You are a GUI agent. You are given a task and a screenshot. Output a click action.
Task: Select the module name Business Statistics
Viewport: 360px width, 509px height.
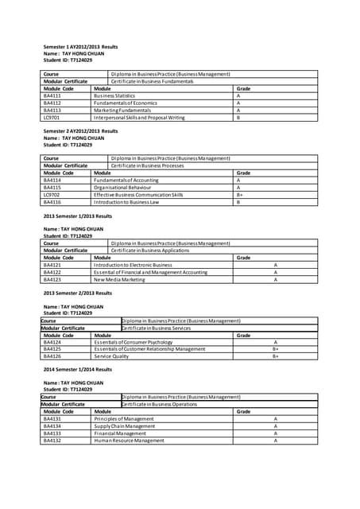(x=116, y=95)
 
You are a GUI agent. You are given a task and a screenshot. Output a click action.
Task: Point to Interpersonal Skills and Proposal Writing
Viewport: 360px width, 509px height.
(x=138, y=117)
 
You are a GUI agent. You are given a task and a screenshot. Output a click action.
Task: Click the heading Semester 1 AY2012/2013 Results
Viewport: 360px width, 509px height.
(x=80, y=47)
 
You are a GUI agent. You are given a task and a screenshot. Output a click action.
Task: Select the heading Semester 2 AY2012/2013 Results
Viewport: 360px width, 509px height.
(x=80, y=130)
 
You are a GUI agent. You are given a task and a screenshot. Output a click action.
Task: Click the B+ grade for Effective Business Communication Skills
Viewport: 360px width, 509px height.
(x=239, y=194)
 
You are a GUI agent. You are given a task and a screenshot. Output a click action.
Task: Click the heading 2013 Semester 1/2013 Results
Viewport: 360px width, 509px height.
(x=77, y=216)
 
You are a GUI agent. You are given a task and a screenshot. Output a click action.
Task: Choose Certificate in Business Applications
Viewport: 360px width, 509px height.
(x=150, y=250)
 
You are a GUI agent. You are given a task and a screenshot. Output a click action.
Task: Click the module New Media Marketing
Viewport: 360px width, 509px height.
(x=119, y=279)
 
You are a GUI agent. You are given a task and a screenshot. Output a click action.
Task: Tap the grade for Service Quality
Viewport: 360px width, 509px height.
(x=275, y=356)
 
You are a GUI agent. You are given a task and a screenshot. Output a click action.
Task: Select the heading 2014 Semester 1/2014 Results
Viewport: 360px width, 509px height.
(x=77, y=370)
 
